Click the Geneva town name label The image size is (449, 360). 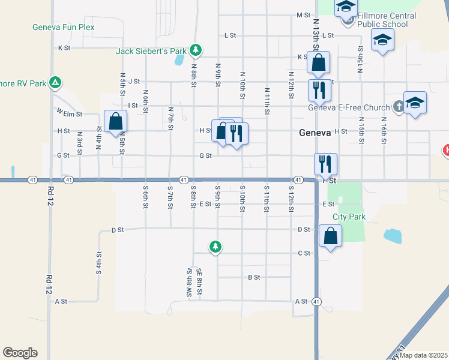[315, 133]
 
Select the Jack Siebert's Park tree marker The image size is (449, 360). [194, 49]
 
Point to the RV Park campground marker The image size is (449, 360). [55, 82]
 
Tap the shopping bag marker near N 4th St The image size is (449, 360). [115, 122]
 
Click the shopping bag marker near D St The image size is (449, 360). [330, 236]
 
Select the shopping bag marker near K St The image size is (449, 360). [318, 62]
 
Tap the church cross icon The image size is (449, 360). [399, 107]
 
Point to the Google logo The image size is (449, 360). [20, 353]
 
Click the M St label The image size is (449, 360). [303, 14]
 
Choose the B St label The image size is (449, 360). [254, 277]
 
